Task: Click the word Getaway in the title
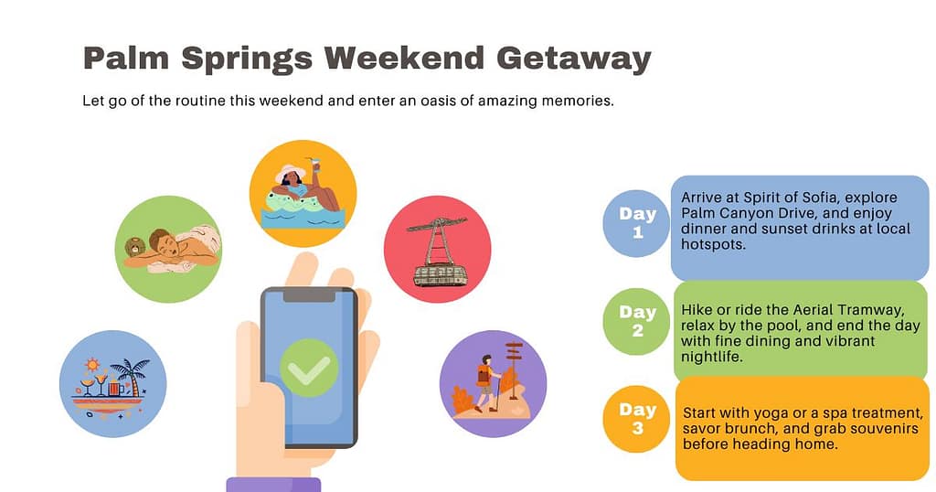(x=573, y=59)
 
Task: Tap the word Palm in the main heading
(x=126, y=59)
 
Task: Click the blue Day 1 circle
(x=636, y=223)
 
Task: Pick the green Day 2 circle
(x=636, y=322)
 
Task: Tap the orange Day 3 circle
(x=636, y=419)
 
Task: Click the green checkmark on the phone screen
(x=309, y=368)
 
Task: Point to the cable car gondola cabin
(x=439, y=275)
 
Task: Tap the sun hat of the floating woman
(x=290, y=173)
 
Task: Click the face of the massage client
(x=165, y=243)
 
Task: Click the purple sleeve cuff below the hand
(x=273, y=485)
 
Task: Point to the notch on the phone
(x=309, y=295)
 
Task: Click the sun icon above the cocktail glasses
(x=92, y=364)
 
